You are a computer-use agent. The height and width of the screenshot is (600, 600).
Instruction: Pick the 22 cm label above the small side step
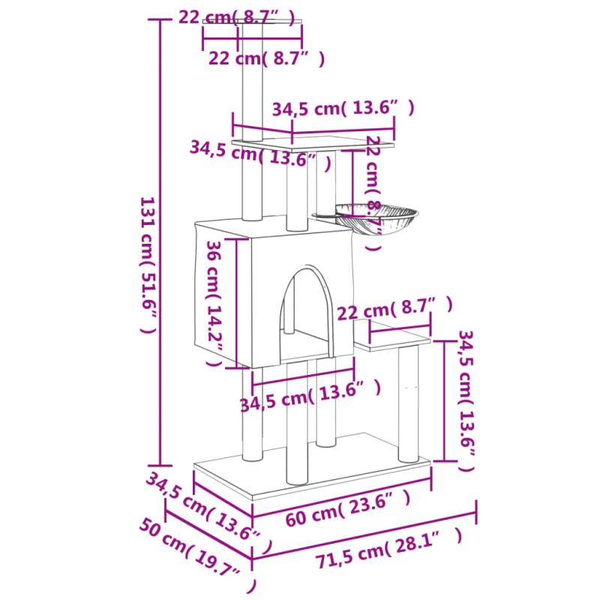pyautogui.click(x=395, y=307)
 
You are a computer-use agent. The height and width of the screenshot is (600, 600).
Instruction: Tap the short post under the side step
pyautogui.click(x=409, y=405)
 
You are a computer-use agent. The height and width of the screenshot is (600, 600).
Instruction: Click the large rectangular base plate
pyautogui.click(x=315, y=472)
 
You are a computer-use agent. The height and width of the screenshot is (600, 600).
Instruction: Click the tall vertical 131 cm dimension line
pyautogui.click(x=160, y=240)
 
